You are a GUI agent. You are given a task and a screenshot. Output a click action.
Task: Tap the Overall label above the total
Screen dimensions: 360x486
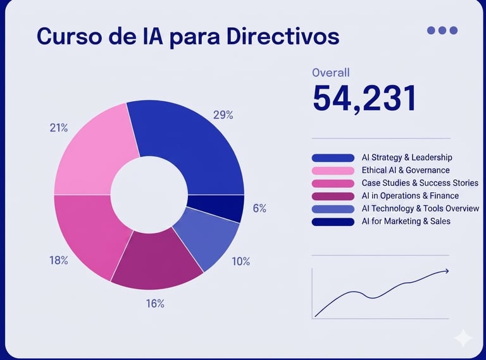pos(330,73)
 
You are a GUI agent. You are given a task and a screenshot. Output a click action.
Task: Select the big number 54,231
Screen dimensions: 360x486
pos(364,99)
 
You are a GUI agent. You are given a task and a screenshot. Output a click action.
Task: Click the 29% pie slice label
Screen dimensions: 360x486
pos(223,115)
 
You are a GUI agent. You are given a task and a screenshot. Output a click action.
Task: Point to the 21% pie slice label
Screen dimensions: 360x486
pos(59,128)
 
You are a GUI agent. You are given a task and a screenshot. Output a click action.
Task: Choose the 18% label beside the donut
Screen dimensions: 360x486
pos(59,260)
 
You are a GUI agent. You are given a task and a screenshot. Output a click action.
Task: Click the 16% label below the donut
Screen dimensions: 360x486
pos(155,304)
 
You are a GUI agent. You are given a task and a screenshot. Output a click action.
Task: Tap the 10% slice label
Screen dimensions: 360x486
pos(240,261)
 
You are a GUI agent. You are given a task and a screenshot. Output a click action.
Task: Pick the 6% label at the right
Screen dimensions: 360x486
pos(259,208)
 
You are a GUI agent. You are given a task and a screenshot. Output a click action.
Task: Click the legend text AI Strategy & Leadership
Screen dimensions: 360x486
pos(407,158)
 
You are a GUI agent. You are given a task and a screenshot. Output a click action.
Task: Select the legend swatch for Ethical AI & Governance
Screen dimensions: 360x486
pos(333,170)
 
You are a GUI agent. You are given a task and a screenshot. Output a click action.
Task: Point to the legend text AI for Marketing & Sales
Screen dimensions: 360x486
pos(406,221)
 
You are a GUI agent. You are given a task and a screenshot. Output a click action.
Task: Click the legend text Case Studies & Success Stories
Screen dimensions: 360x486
pos(420,183)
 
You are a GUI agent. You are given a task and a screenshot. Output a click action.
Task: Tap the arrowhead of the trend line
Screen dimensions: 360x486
pos(446,271)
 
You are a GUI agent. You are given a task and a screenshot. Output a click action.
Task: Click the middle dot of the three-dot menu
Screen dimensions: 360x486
pos(442,30)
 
